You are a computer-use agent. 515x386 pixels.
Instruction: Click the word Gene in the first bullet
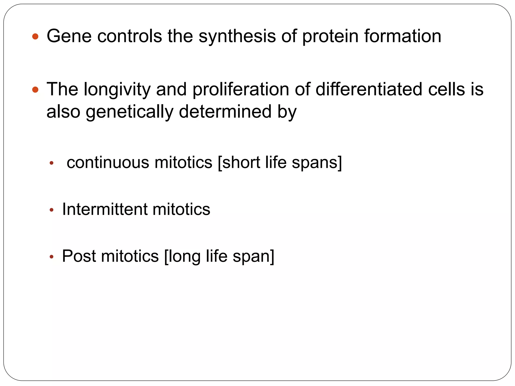tap(69, 36)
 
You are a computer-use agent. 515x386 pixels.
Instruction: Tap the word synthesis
tap(237, 36)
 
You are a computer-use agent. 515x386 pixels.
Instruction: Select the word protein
tap(330, 36)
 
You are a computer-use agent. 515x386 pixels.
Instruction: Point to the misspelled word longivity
tap(117, 89)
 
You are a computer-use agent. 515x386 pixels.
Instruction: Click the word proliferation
tap(241, 89)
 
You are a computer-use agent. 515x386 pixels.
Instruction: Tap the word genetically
tap(129, 112)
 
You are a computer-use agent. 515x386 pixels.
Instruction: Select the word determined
tap(225, 112)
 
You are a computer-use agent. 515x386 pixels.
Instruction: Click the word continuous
tap(108, 162)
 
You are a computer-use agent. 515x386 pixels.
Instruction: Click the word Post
tap(79, 256)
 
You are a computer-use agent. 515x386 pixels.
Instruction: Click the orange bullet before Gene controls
tap(35, 37)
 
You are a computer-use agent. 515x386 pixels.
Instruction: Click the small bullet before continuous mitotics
tap(52, 163)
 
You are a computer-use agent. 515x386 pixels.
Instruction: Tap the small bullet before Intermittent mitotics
tap(52, 210)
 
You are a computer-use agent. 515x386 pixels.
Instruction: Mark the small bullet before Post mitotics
tap(52, 257)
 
